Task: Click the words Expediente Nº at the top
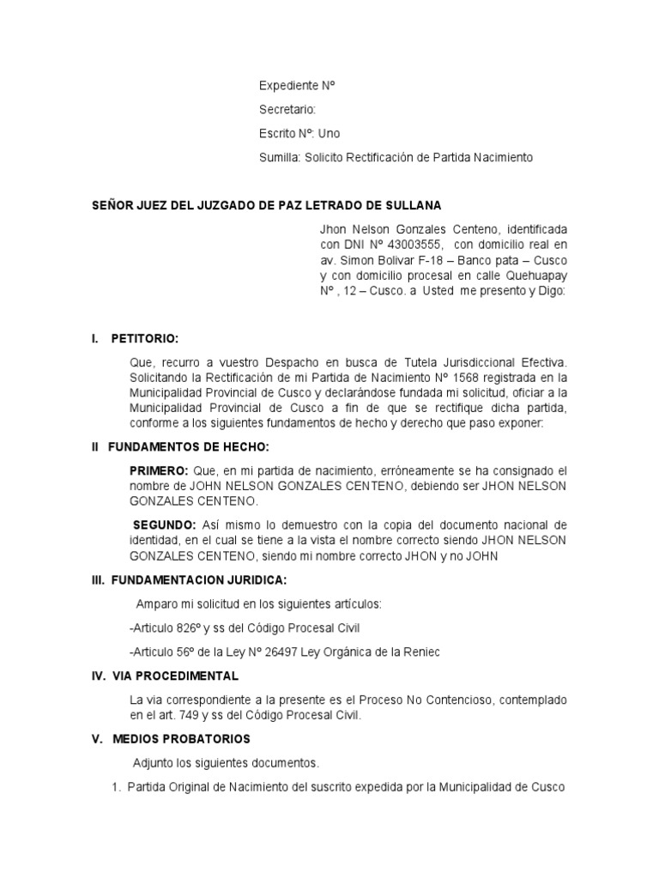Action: click(296, 86)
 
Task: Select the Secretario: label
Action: click(287, 110)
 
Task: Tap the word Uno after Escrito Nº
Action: click(329, 134)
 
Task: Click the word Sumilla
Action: click(279, 158)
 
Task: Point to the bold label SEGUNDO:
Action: click(164, 524)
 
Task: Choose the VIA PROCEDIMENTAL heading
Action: click(178, 676)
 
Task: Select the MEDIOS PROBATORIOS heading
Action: click(181, 738)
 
